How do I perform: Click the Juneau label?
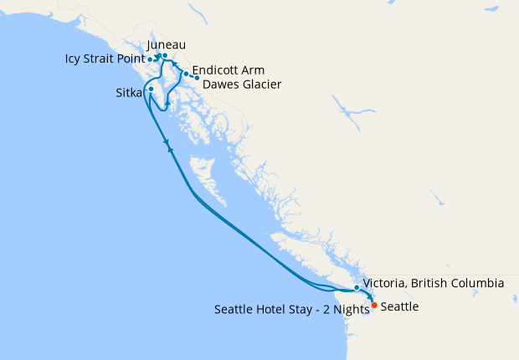166,44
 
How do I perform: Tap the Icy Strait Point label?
105,59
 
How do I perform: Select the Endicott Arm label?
228,70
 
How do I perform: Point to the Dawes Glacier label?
242,85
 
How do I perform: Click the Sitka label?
129,93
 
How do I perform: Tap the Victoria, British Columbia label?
434,283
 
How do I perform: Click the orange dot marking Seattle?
373,306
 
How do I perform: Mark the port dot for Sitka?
151,89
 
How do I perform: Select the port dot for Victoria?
357,288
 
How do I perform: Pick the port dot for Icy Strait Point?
150,59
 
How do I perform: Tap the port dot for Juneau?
165,56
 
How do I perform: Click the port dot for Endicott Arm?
186,74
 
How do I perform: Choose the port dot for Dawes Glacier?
197,78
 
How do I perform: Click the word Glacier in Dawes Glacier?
259,85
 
